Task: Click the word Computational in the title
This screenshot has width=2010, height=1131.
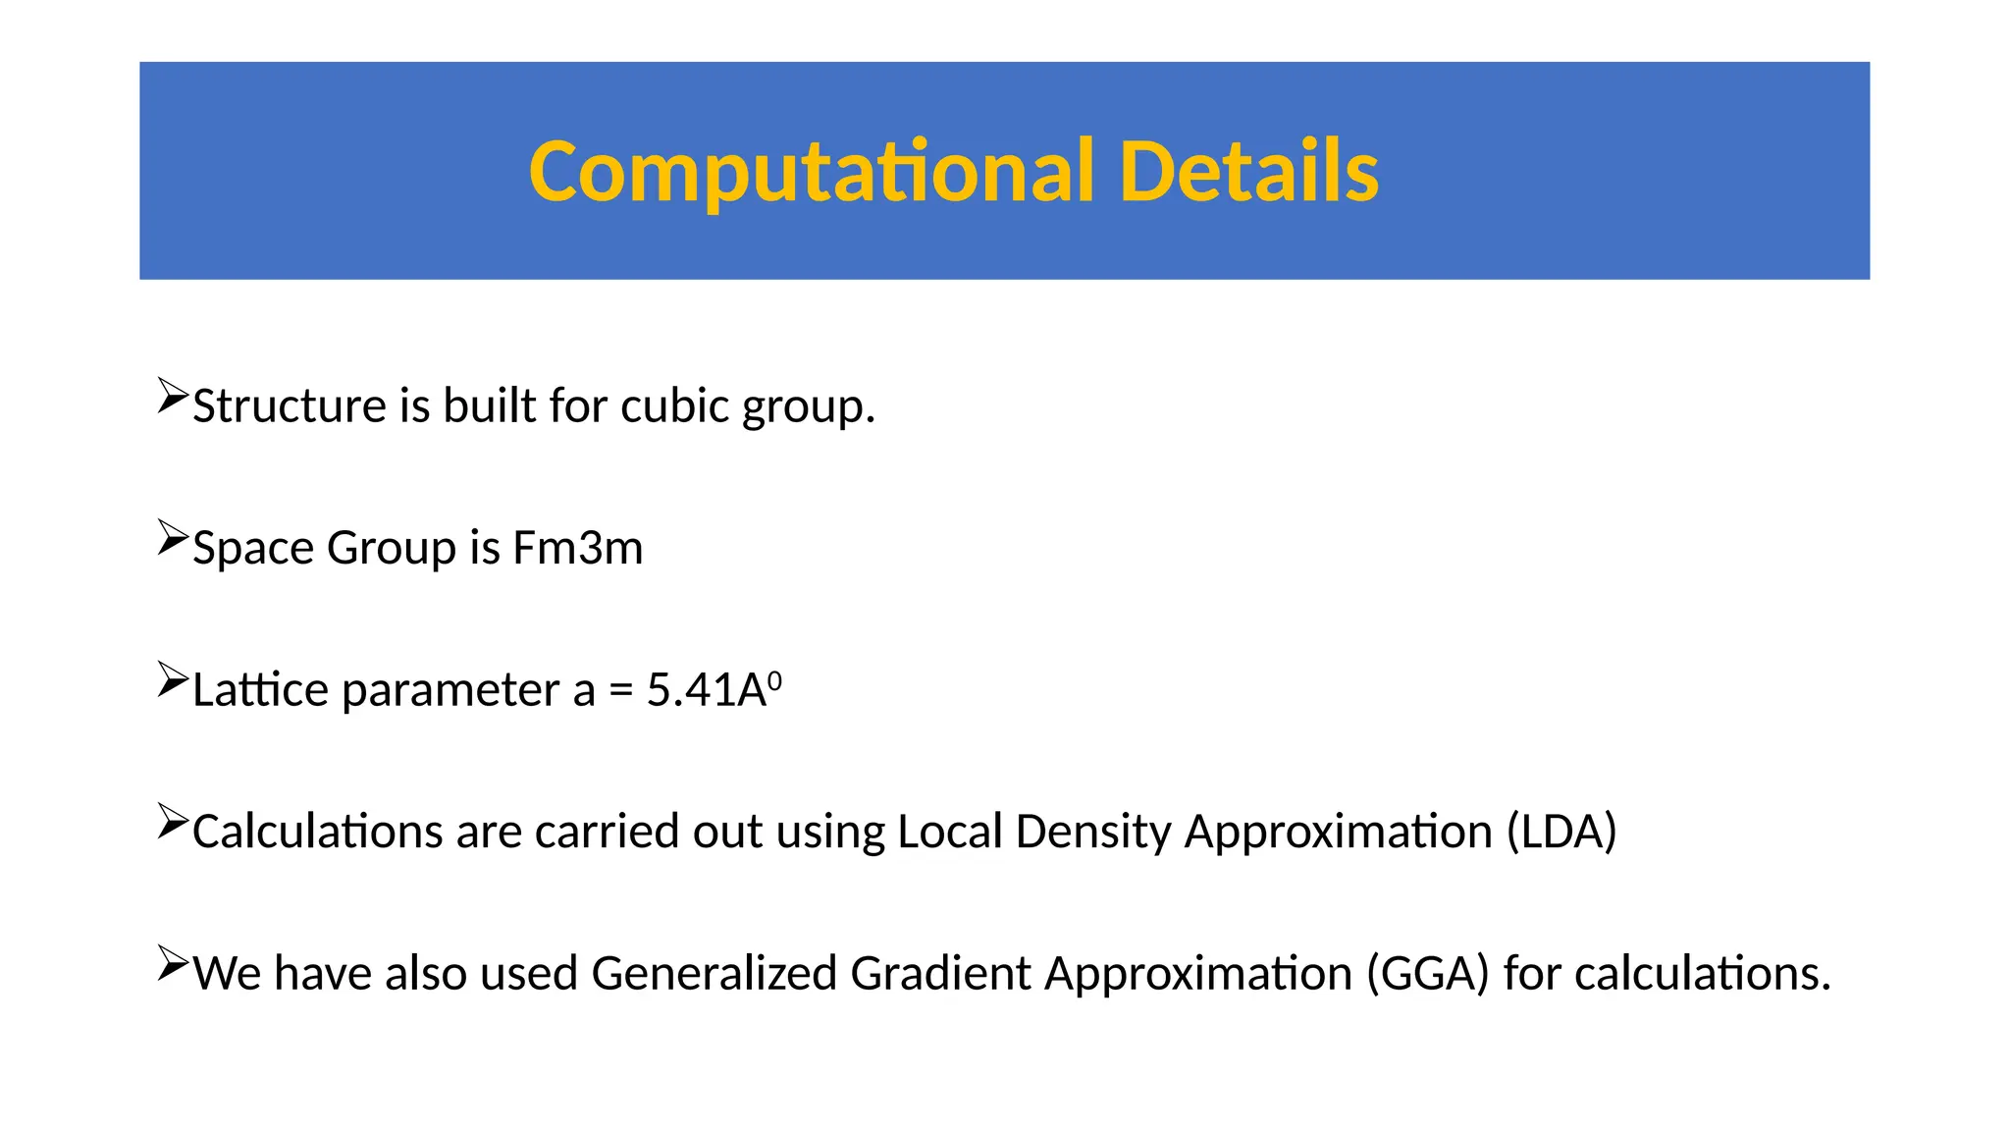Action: click(x=811, y=173)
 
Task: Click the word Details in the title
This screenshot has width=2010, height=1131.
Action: click(x=1248, y=173)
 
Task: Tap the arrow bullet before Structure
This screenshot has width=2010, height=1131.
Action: click(x=172, y=396)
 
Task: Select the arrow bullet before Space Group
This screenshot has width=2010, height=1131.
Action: click(x=172, y=538)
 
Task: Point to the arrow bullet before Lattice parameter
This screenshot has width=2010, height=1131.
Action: click(x=172, y=679)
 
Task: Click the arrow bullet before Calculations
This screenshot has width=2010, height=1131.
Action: click(x=172, y=822)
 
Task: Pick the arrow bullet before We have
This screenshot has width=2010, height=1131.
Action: click(x=172, y=963)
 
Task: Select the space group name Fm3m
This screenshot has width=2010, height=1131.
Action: click(x=577, y=548)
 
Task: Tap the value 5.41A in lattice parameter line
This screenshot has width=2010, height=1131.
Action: click(x=706, y=690)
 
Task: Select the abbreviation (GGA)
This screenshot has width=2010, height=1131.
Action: click(x=1428, y=974)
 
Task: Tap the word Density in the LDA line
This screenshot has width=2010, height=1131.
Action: click(x=1092, y=832)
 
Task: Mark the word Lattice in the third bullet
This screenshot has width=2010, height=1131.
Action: click(x=260, y=690)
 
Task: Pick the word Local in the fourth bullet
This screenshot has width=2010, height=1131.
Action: click(x=949, y=832)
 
